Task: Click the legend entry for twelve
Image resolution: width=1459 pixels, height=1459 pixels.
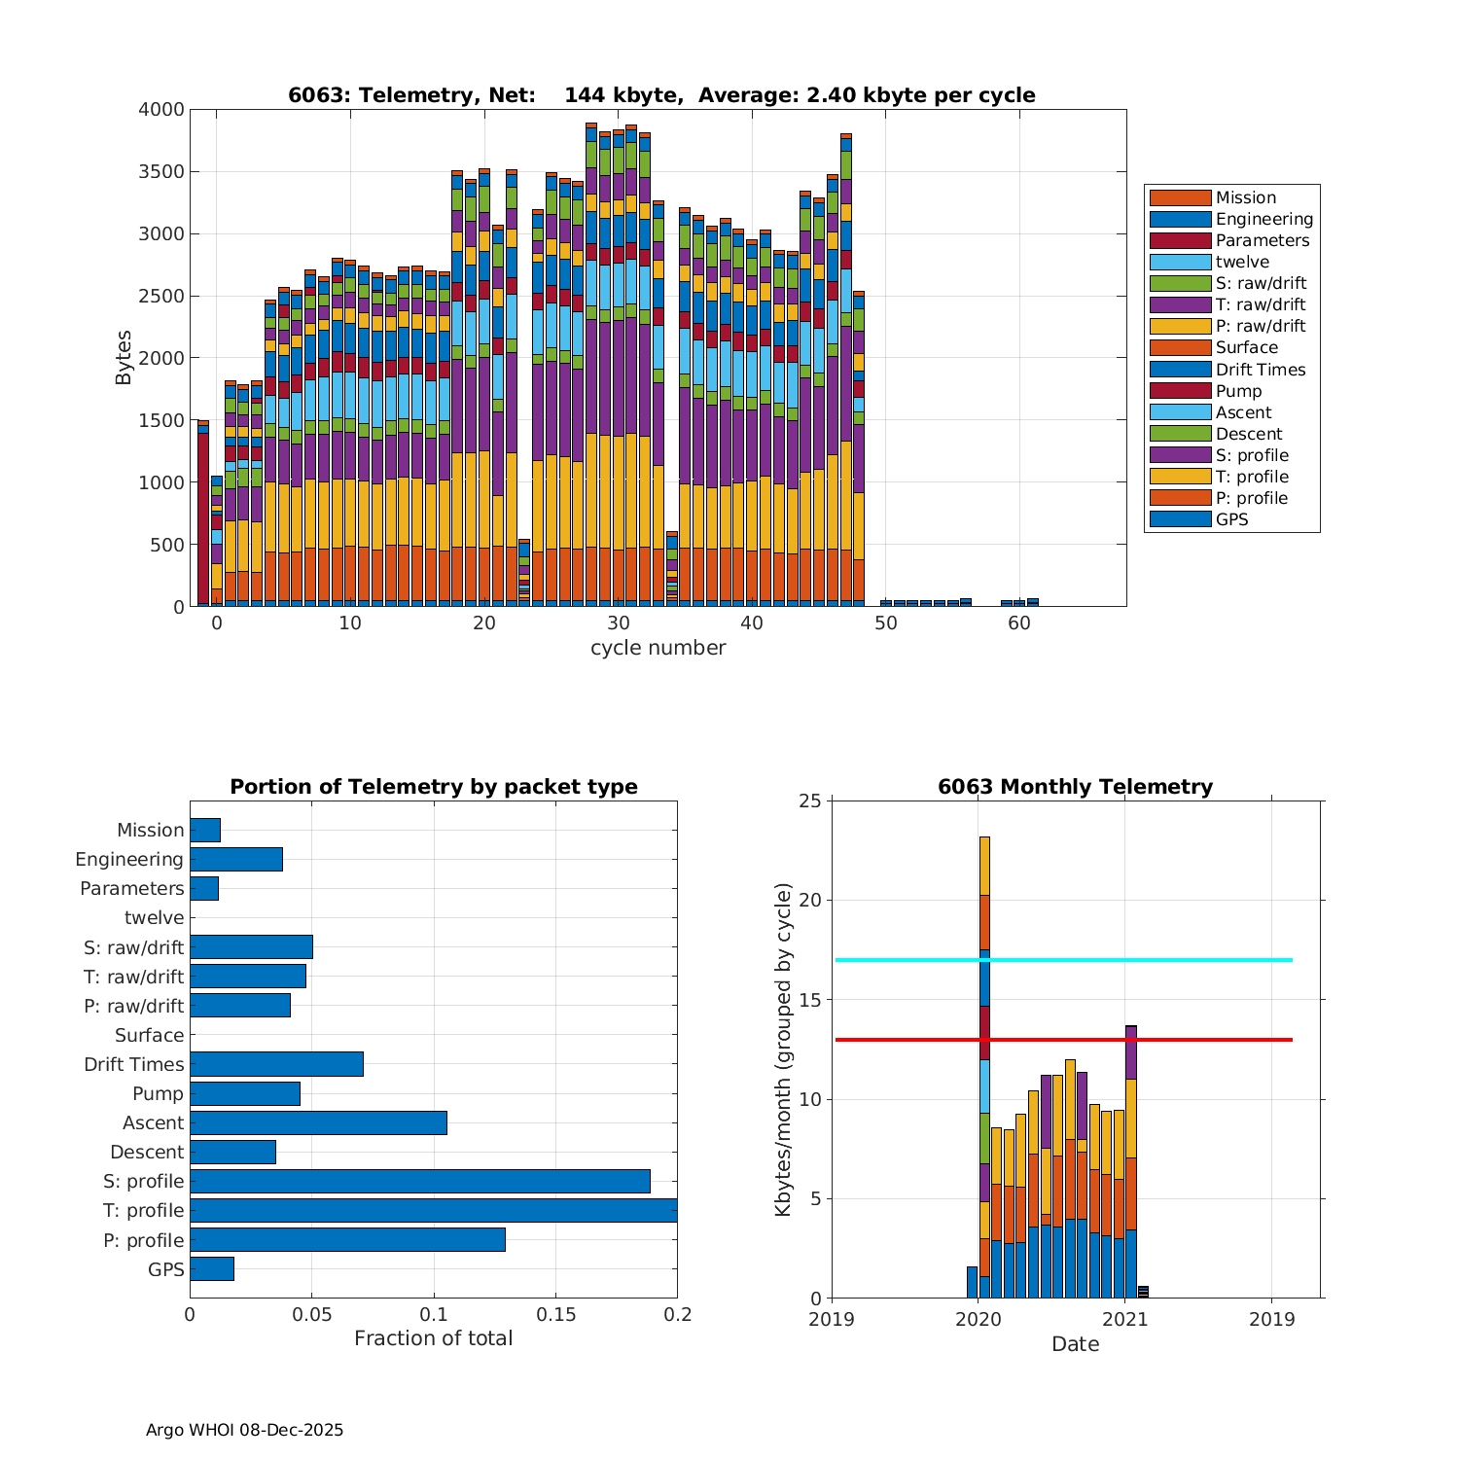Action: click(1242, 262)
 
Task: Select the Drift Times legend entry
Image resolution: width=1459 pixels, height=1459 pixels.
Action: click(1260, 370)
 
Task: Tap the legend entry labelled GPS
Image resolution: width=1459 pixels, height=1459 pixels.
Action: click(1231, 519)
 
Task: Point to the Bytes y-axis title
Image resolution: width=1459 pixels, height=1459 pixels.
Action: click(124, 358)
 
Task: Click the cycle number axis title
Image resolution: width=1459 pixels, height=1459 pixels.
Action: click(658, 648)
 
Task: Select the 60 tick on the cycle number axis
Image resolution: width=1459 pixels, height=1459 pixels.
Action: click(1018, 623)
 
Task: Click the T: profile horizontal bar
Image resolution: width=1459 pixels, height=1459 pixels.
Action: click(433, 1210)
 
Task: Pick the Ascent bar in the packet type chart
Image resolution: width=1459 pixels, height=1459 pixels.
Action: click(318, 1122)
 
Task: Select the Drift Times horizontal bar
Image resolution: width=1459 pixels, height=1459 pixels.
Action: click(276, 1064)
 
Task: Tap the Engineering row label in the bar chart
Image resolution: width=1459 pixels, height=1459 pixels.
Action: click(129, 859)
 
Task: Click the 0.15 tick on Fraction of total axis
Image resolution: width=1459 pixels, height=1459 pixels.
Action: click(555, 1315)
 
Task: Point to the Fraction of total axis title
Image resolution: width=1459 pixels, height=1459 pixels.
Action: click(433, 1338)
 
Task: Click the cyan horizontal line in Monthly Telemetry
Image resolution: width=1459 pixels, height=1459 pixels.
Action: click(1167, 960)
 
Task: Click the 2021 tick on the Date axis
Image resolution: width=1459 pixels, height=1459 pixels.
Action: click(1125, 1319)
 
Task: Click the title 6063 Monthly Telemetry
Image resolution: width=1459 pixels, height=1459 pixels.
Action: click(1075, 787)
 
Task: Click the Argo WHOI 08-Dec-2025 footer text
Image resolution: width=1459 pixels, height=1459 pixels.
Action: click(244, 1430)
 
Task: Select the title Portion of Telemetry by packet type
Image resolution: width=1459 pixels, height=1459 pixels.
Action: click(433, 787)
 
